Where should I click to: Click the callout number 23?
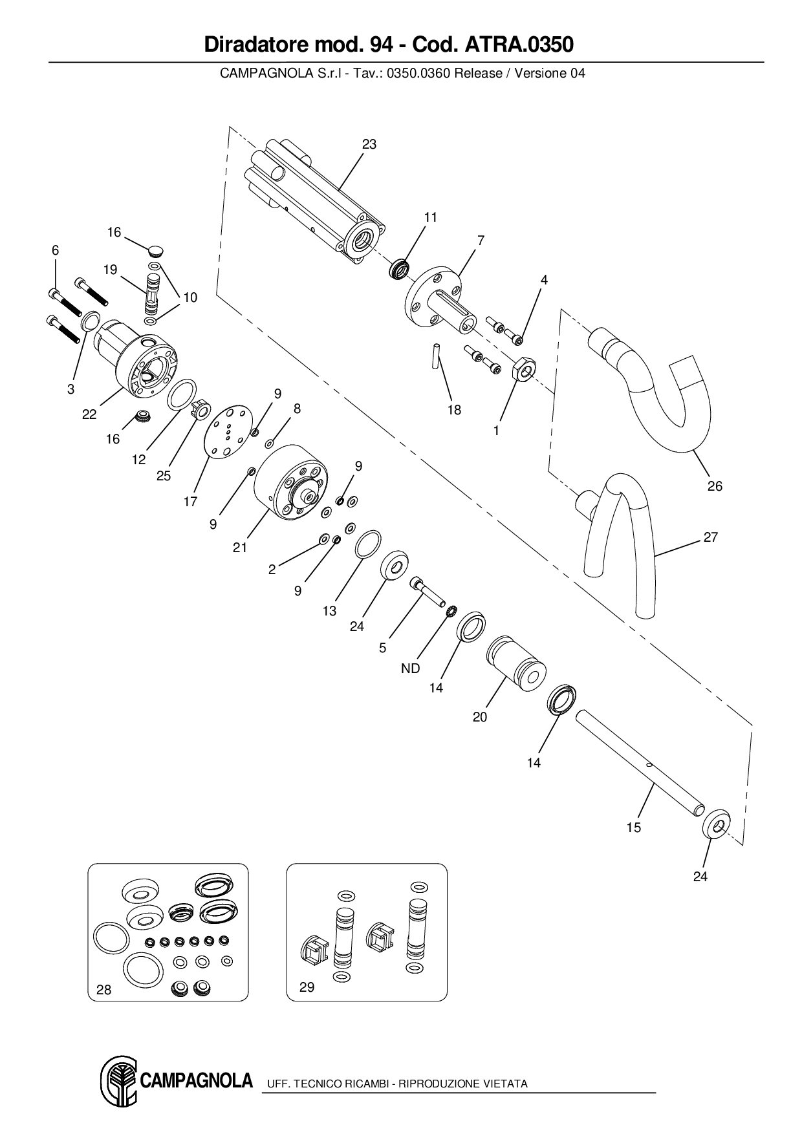click(369, 144)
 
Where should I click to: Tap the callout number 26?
click(715, 486)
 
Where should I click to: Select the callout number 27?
click(711, 537)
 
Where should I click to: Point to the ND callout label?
click(411, 669)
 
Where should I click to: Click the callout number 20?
click(480, 717)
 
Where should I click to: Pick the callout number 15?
click(634, 828)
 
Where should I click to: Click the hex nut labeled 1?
click(523, 369)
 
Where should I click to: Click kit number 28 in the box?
click(103, 990)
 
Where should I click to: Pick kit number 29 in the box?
click(307, 987)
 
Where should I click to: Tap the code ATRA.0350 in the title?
click(519, 45)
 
